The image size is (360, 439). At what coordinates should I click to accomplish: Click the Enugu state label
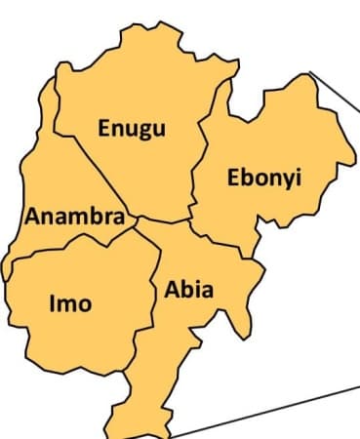click(132, 128)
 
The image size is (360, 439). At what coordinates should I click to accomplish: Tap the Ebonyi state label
click(264, 179)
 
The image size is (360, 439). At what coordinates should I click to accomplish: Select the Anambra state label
click(75, 217)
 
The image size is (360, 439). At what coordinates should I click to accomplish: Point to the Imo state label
click(70, 303)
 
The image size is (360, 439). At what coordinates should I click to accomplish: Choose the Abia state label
click(189, 291)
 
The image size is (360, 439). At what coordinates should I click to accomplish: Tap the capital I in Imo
click(53, 303)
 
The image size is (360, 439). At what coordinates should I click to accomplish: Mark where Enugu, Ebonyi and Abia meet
click(191, 219)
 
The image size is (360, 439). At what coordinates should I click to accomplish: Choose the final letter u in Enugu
click(159, 128)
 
